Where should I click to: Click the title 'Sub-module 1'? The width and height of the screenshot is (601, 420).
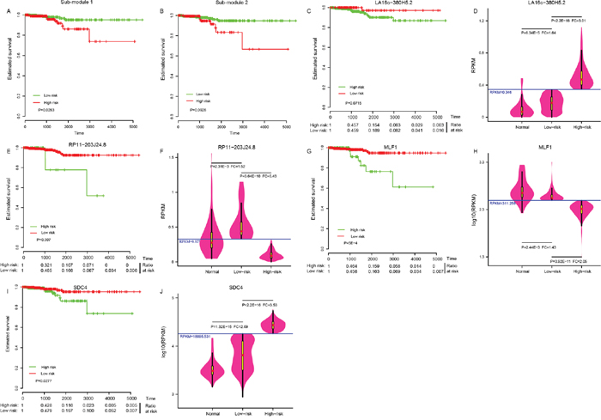(78, 4)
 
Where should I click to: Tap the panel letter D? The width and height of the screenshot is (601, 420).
(476, 8)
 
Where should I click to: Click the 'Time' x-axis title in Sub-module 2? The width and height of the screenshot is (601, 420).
(233, 134)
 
